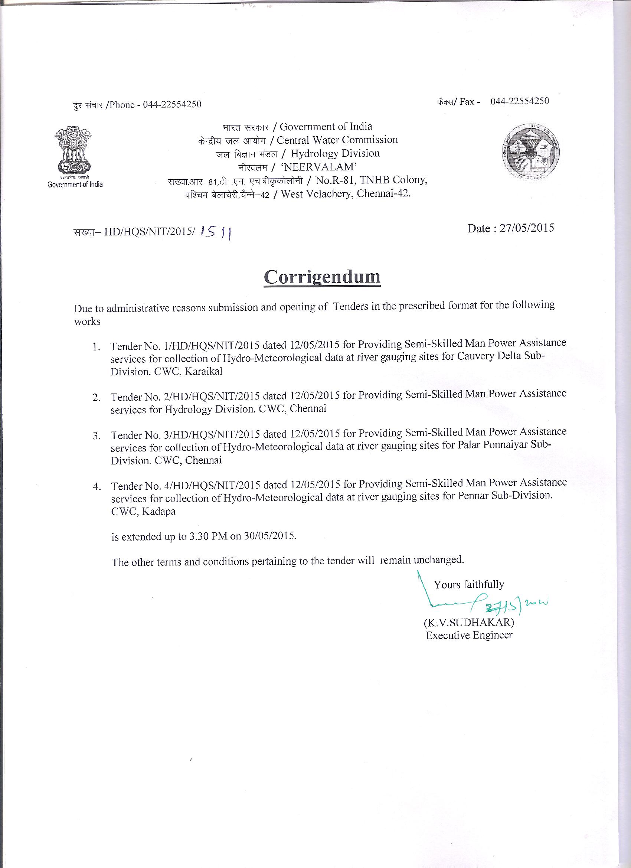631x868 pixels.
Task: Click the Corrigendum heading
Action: pyautogui.click(x=322, y=277)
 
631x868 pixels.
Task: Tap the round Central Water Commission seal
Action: pyautogui.click(x=530, y=153)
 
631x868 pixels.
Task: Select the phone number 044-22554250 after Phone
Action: pyautogui.click(x=172, y=104)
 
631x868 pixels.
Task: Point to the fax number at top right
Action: pyautogui.click(x=519, y=101)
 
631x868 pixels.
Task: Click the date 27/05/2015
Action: pyautogui.click(x=527, y=228)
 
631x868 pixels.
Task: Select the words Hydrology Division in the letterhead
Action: pyautogui.click(x=335, y=153)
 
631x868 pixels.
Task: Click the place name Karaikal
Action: pyautogui.click(x=203, y=372)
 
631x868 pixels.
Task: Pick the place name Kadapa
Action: pyautogui.click(x=158, y=511)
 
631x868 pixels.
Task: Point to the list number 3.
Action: pyautogui.click(x=96, y=436)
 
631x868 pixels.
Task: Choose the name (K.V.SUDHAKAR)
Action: pyautogui.click(x=469, y=622)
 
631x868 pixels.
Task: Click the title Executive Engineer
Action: pyautogui.click(x=469, y=635)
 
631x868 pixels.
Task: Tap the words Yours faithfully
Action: pyautogui.click(x=469, y=584)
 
